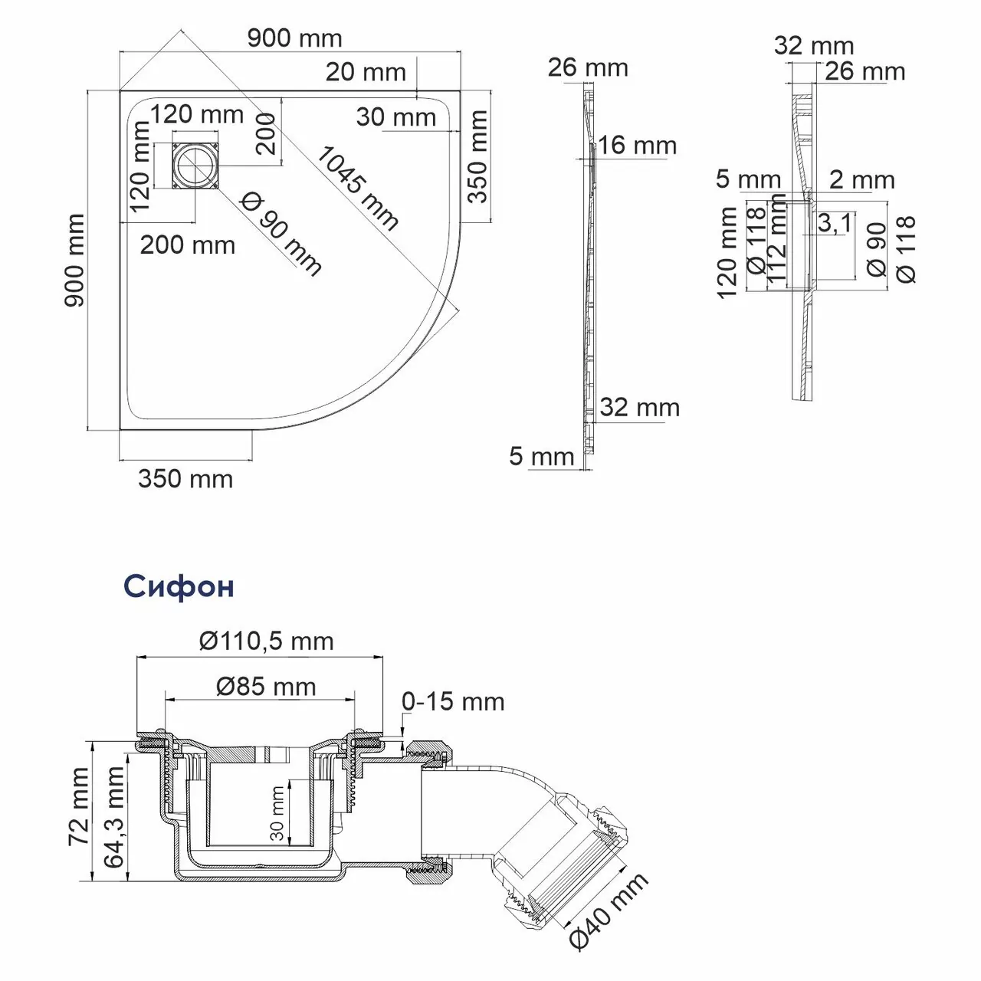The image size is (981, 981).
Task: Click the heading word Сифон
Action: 178,586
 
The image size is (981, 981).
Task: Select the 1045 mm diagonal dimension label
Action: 357,188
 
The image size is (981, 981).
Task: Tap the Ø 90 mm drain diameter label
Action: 281,233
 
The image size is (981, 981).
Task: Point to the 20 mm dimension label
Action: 366,72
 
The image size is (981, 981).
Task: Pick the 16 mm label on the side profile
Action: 637,145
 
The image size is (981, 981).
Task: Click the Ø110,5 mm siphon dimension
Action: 266,641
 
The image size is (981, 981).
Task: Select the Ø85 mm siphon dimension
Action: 266,686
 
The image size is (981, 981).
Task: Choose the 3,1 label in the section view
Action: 833,224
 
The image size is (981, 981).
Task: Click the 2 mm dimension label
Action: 862,179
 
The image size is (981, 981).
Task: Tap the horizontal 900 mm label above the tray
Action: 294,38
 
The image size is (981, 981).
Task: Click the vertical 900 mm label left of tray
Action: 74,261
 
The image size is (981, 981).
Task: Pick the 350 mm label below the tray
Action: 185,479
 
